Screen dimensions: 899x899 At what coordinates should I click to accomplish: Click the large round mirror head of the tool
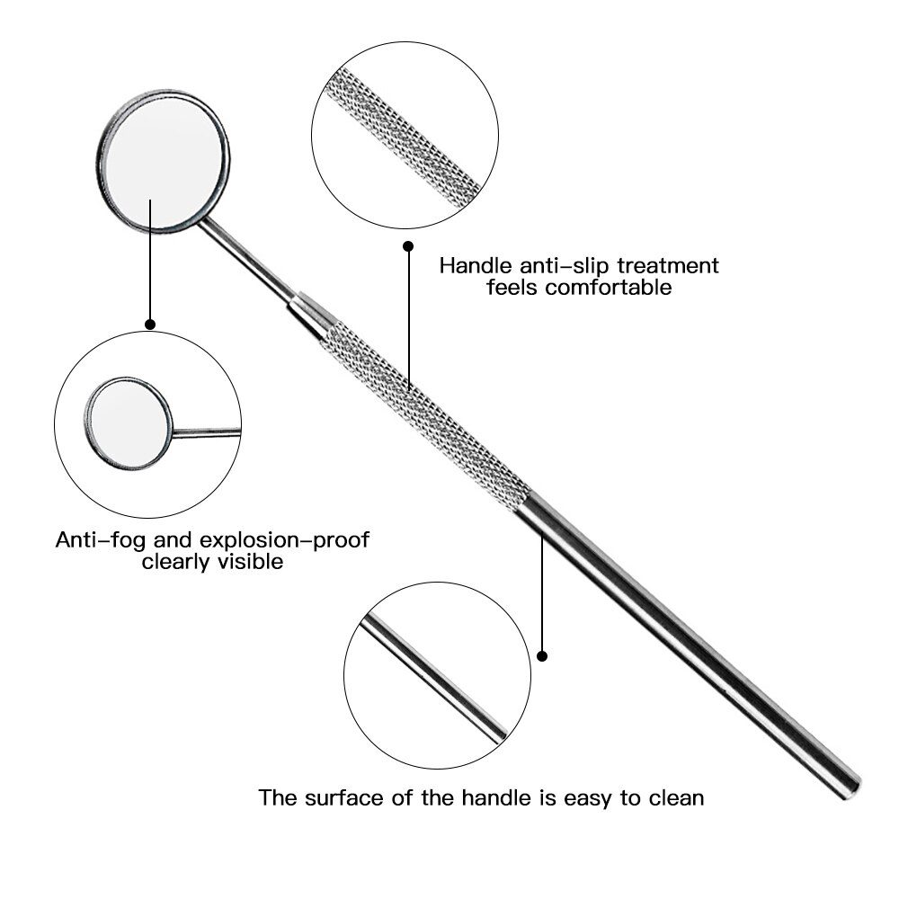164,161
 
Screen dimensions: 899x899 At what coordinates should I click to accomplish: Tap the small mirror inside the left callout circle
129,423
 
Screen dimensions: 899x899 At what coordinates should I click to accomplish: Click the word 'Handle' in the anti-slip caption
476,265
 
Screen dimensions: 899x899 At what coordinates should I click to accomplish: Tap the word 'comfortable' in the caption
608,287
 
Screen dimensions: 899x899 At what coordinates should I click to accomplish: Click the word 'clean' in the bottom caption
676,797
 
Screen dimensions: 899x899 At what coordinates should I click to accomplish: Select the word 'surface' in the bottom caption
344,797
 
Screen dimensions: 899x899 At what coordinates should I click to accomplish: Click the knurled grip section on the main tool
425,416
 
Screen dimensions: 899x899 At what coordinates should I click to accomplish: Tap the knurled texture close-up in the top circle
403,138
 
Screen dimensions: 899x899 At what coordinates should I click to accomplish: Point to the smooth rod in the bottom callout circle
433,678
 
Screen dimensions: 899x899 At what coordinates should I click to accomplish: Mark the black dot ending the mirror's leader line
150,325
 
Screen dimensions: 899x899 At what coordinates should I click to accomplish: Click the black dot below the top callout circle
408,246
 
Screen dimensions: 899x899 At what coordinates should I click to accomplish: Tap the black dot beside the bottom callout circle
542,656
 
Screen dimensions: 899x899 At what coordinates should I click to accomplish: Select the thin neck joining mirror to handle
246,261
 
